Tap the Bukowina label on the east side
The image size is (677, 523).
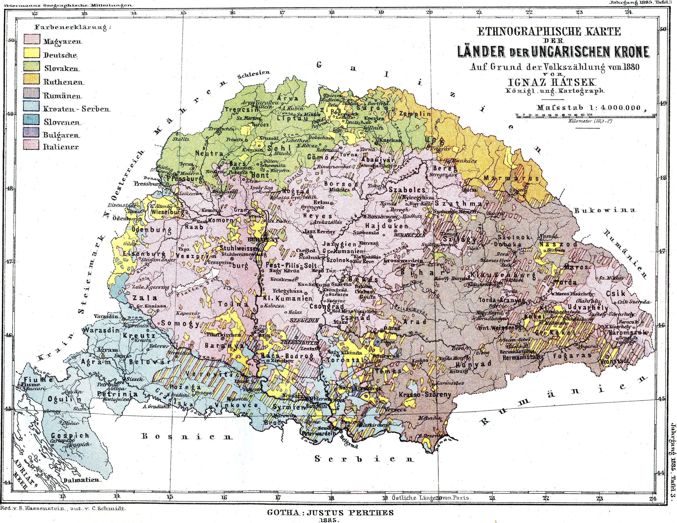[605, 210]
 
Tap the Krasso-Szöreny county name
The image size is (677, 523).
[425, 395]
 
